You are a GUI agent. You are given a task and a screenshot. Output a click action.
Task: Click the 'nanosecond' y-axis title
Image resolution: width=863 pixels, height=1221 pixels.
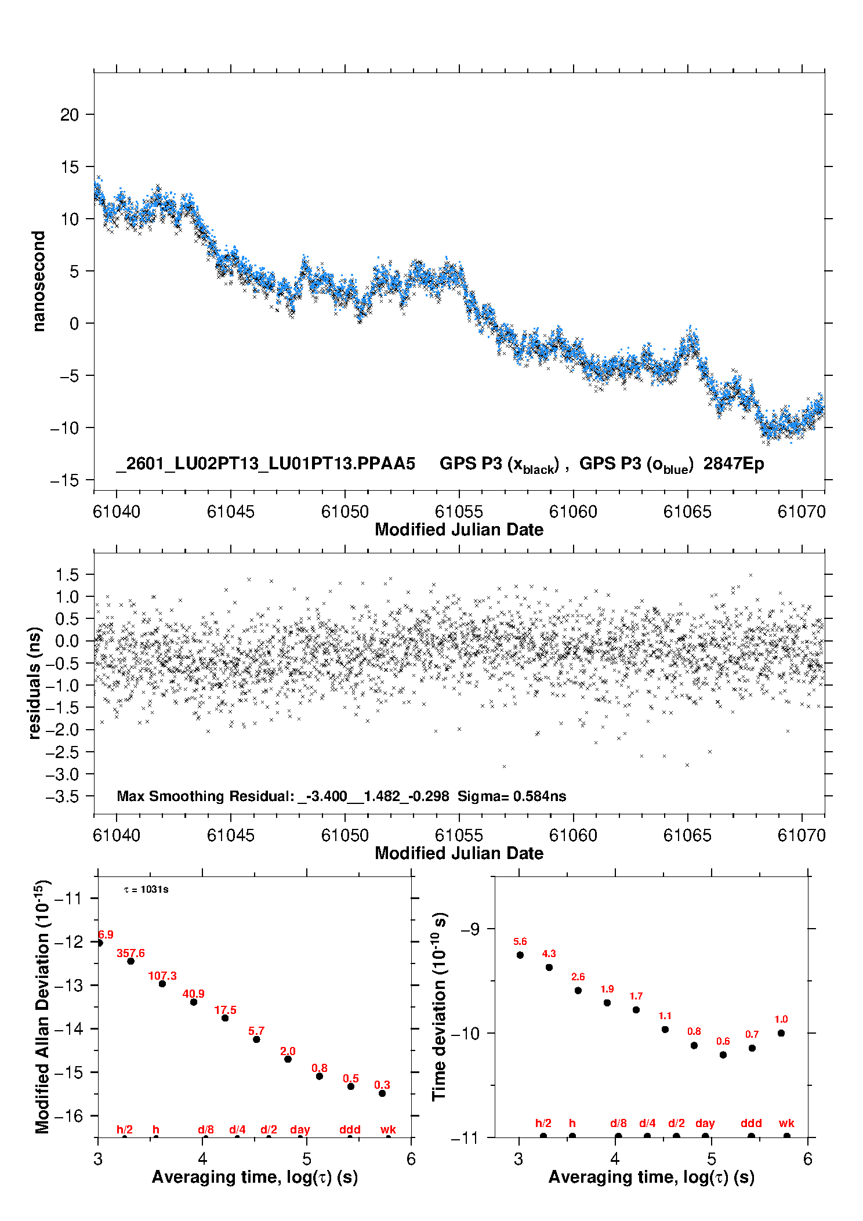point(39,281)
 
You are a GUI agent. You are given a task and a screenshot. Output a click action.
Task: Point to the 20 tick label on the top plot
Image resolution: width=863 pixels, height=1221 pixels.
point(69,115)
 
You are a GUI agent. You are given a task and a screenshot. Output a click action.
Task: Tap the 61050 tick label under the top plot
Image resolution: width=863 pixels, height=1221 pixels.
point(345,512)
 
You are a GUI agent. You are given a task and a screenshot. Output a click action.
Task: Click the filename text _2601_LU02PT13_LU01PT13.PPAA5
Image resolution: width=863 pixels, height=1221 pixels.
point(266,464)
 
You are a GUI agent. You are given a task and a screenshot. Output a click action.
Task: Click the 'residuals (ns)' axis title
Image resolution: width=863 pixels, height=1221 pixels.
point(35,683)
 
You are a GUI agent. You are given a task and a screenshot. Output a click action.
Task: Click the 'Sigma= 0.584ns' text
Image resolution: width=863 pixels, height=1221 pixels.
point(512,796)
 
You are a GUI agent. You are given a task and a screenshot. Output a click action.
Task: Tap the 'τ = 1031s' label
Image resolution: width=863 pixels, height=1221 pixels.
point(146,890)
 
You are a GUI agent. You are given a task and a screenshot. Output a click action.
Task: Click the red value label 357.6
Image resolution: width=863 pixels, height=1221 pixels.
point(130,954)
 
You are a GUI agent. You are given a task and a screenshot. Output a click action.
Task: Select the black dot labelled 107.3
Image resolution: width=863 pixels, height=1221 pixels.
point(162,984)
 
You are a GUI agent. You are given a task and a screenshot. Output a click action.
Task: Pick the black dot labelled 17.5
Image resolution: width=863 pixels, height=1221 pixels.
point(225,1018)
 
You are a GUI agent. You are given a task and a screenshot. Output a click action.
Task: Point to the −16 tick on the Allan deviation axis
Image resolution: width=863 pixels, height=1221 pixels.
point(68,1116)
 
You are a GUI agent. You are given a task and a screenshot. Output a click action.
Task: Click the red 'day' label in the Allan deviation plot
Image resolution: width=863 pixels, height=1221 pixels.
point(300,1130)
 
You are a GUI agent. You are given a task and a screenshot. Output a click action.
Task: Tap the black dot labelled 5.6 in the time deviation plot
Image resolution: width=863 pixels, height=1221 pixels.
point(520,955)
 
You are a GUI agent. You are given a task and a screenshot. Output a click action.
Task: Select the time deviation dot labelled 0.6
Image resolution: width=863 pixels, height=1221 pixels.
point(723,1055)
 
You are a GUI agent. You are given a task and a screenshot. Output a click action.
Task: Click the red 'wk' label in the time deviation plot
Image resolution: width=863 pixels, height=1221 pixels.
point(786,1124)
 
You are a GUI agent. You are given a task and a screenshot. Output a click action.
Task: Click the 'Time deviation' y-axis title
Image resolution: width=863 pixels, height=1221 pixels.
point(439,1006)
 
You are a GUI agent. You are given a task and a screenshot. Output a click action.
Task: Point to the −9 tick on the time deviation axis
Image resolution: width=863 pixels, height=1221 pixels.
point(470,929)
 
